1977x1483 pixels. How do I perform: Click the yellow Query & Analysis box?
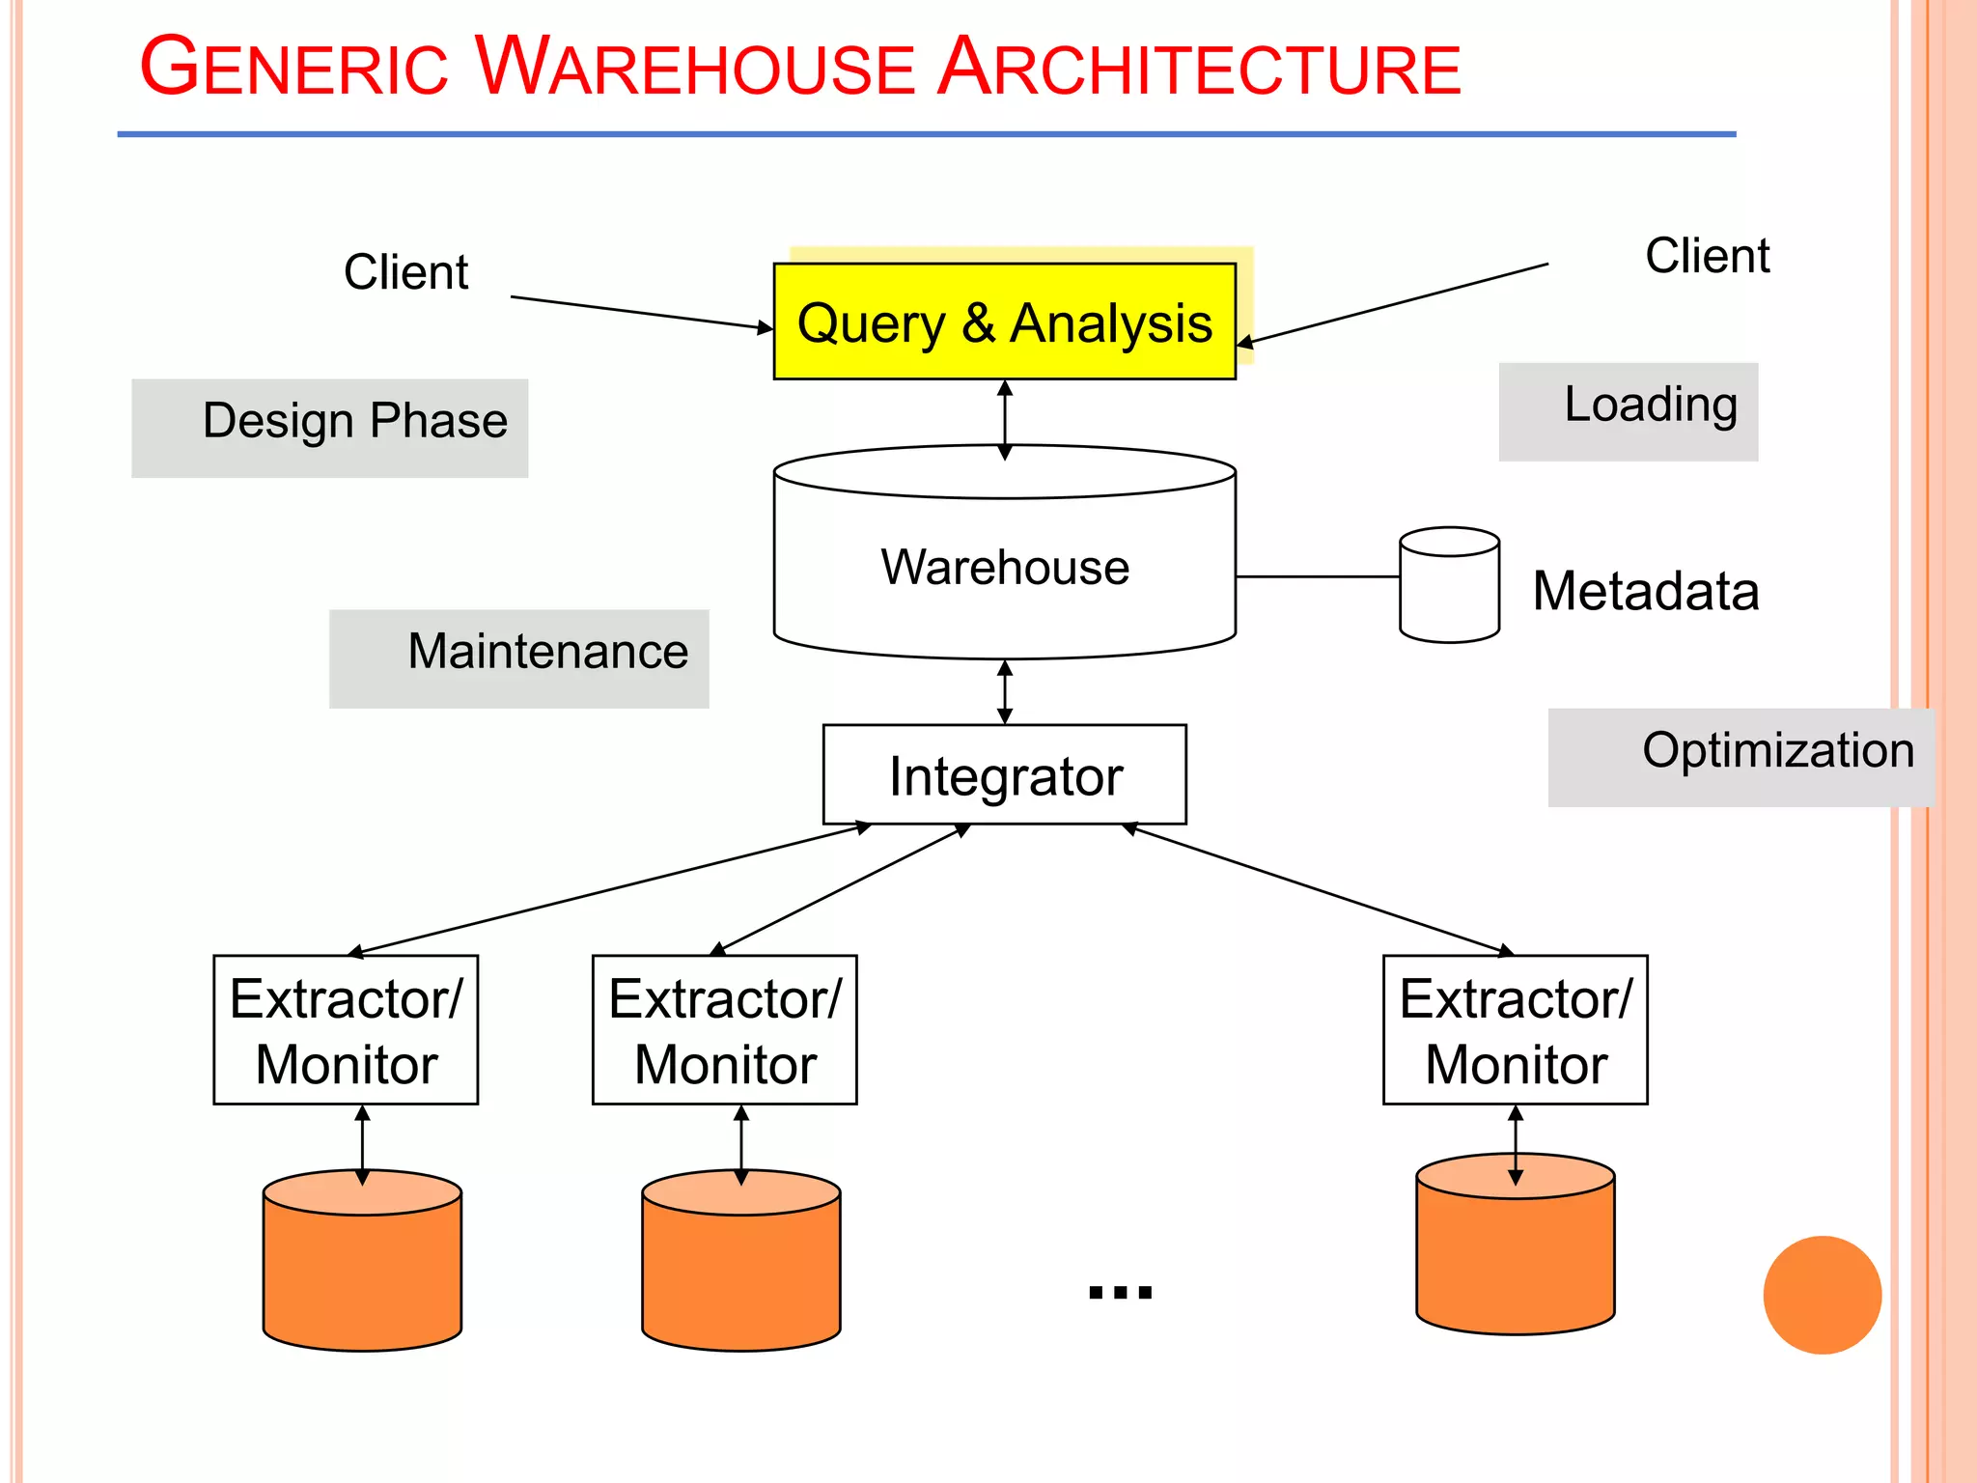(1004, 322)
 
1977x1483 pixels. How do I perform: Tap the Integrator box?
(1004, 775)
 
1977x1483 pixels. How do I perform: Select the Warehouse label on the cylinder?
(1004, 567)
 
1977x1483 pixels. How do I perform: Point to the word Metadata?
(1645, 591)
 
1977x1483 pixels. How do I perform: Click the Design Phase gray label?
(330, 427)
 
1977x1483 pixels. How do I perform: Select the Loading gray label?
(1629, 410)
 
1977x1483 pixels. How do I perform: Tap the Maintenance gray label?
(519, 658)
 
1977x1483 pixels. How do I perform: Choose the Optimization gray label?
(1740, 757)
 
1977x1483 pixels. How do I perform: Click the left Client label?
(405, 272)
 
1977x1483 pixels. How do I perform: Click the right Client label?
(1707, 257)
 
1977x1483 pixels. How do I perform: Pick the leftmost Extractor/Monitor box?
(346, 1030)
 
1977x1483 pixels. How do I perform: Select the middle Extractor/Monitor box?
(725, 1030)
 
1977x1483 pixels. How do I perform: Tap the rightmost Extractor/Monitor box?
(1515, 1030)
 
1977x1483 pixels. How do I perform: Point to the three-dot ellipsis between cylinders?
(1120, 1292)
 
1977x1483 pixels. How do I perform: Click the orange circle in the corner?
(1822, 1295)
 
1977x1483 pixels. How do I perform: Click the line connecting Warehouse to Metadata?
(1317, 576)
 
